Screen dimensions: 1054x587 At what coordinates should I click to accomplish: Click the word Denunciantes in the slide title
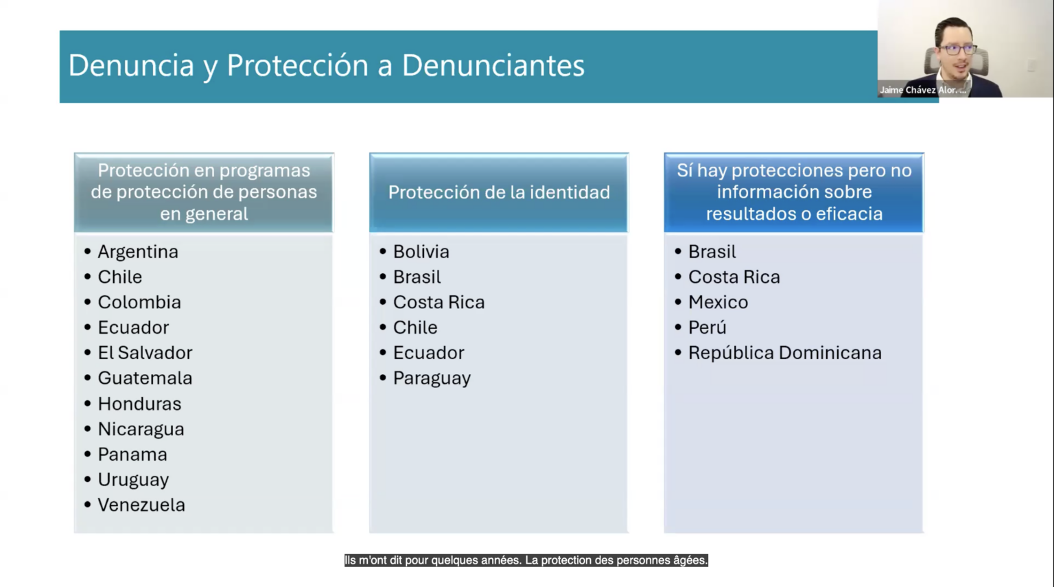coord(493,65)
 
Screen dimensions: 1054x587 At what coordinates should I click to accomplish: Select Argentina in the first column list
coord(138,252)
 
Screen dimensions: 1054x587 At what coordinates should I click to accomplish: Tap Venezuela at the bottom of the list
coord(141,505)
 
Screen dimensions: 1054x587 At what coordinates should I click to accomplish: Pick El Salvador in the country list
coord(145,353)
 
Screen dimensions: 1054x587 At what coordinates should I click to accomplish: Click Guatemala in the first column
coord(145,378)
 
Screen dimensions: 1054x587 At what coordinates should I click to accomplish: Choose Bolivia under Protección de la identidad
coord(421,252)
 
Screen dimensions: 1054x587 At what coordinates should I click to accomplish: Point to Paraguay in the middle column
coord(432,379)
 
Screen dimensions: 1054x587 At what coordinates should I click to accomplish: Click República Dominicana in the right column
coord(785,353)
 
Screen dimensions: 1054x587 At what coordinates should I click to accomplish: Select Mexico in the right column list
coord(718,302)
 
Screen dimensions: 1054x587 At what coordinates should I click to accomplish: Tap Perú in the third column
coord(707,327)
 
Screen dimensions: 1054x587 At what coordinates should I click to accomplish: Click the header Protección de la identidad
coord(499,192)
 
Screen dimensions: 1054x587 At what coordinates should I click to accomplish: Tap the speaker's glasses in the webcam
coord(957,49)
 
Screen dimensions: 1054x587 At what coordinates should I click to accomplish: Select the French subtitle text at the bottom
coord(526,560)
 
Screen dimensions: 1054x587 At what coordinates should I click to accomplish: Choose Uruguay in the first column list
coord(133,480)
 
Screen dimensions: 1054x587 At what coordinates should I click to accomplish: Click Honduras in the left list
coord(139,404)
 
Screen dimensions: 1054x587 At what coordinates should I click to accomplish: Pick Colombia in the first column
coord(139,302)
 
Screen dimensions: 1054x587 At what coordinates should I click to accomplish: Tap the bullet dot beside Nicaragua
coord(88,429)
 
